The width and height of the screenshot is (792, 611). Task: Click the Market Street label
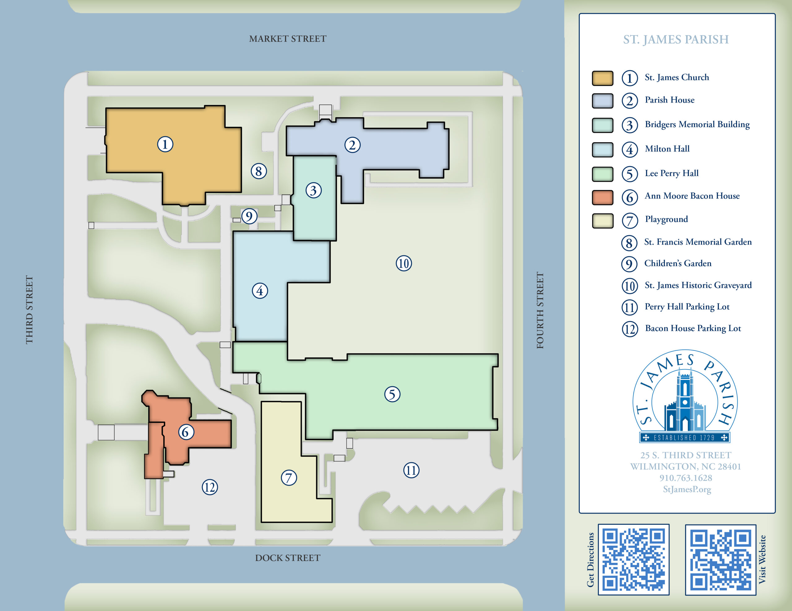288,39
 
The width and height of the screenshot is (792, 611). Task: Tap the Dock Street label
288,558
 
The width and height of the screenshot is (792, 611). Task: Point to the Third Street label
29,310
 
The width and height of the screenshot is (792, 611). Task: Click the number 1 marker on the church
165,144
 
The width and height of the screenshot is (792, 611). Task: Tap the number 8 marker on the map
259,171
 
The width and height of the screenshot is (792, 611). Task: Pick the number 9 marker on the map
249,216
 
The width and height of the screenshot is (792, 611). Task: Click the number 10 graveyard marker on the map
404,263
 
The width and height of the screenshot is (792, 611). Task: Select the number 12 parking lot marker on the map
210,487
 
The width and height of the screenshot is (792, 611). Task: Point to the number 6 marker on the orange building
186,432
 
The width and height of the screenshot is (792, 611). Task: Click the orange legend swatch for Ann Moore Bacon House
602,197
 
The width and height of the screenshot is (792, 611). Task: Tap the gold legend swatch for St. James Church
602,78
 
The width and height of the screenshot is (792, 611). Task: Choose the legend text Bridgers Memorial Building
697,124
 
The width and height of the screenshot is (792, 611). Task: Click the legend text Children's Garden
678,263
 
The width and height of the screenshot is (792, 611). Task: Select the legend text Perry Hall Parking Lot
687,307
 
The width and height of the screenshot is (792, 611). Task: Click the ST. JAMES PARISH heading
676,40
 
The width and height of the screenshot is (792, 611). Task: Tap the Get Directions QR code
633,559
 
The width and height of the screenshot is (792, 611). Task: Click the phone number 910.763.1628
685,478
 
